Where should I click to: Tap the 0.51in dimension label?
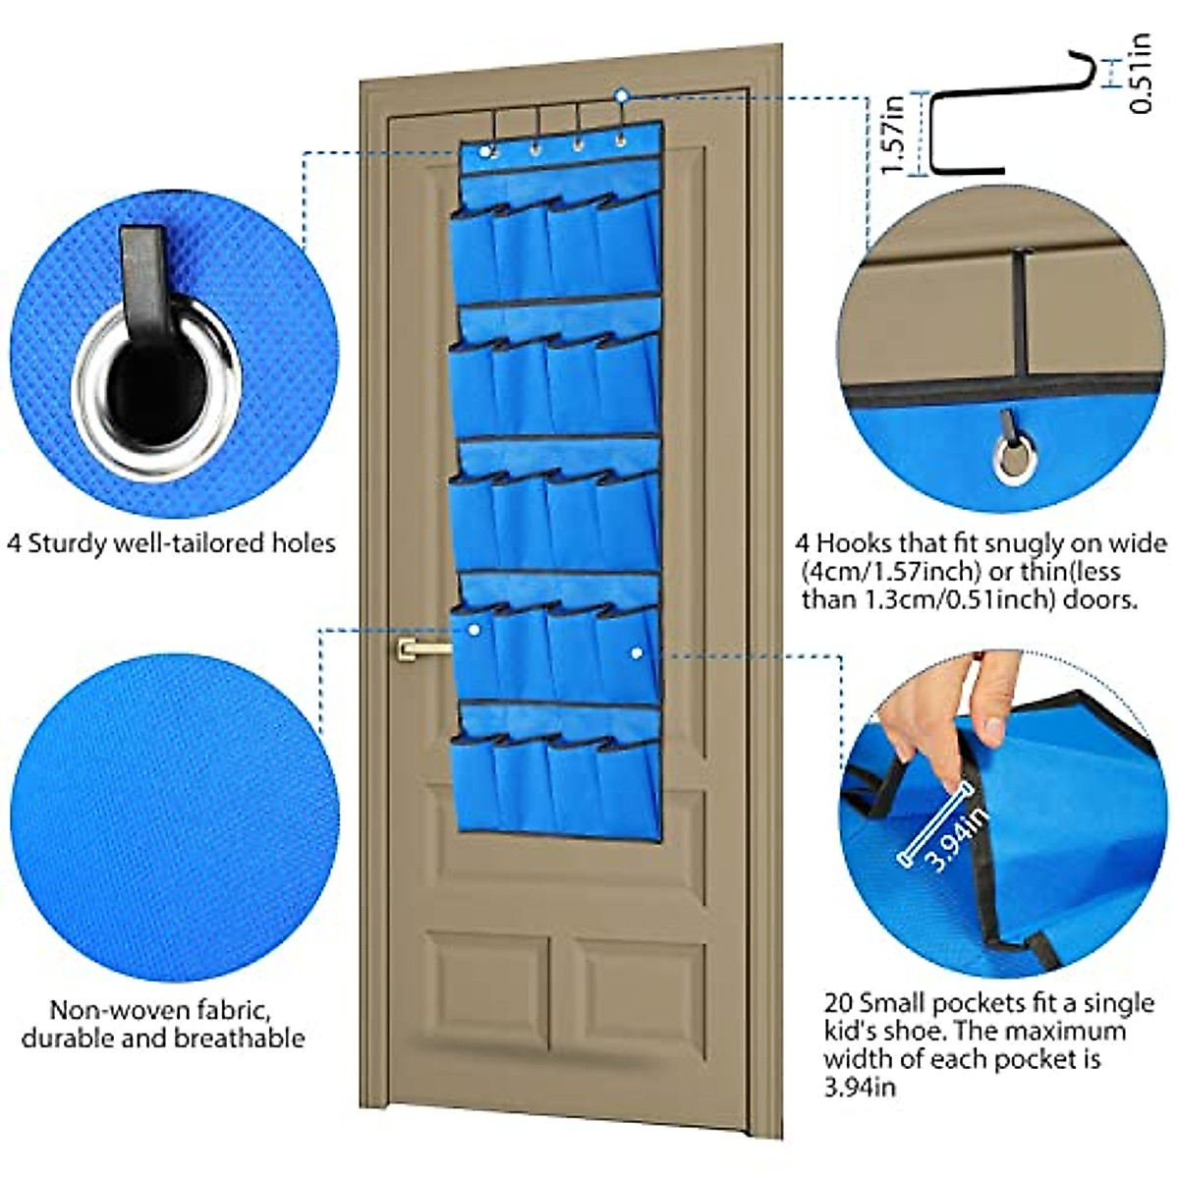[1141, 74]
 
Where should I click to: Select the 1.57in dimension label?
[892, 134]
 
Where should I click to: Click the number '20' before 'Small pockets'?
[838, 1003]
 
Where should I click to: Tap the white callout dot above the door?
[621, 95]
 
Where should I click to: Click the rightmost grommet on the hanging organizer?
[620, 142]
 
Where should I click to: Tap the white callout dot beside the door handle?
[475, 629]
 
